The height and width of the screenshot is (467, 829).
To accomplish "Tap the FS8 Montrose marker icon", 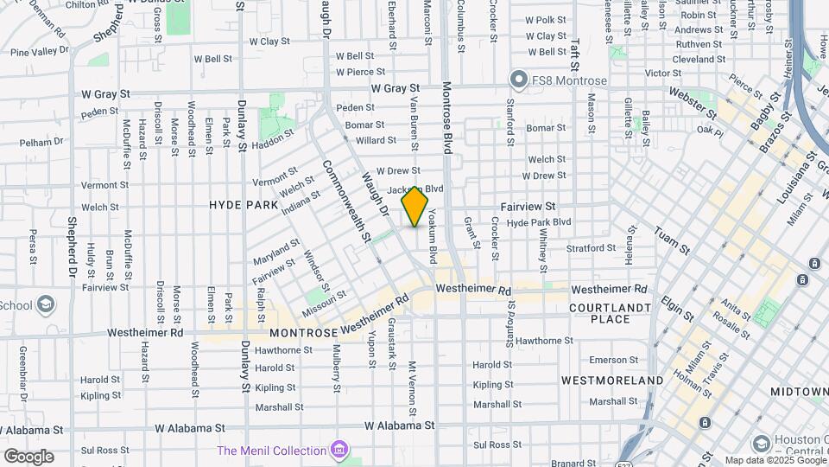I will [518, 80].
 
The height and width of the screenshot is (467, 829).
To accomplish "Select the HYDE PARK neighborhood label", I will [244, 205].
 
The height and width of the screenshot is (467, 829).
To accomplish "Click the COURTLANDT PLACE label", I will [610, 313].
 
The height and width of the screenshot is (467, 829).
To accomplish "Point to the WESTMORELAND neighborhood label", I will [612, 380].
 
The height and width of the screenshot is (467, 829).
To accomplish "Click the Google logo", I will [28, 456].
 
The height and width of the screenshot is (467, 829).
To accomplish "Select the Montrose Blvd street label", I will [446, 118].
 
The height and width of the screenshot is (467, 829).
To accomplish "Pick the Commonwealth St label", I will [346, 201].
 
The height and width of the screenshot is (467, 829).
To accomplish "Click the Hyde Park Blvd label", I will [539, 222].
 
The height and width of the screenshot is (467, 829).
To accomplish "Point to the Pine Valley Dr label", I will [39, 52].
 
